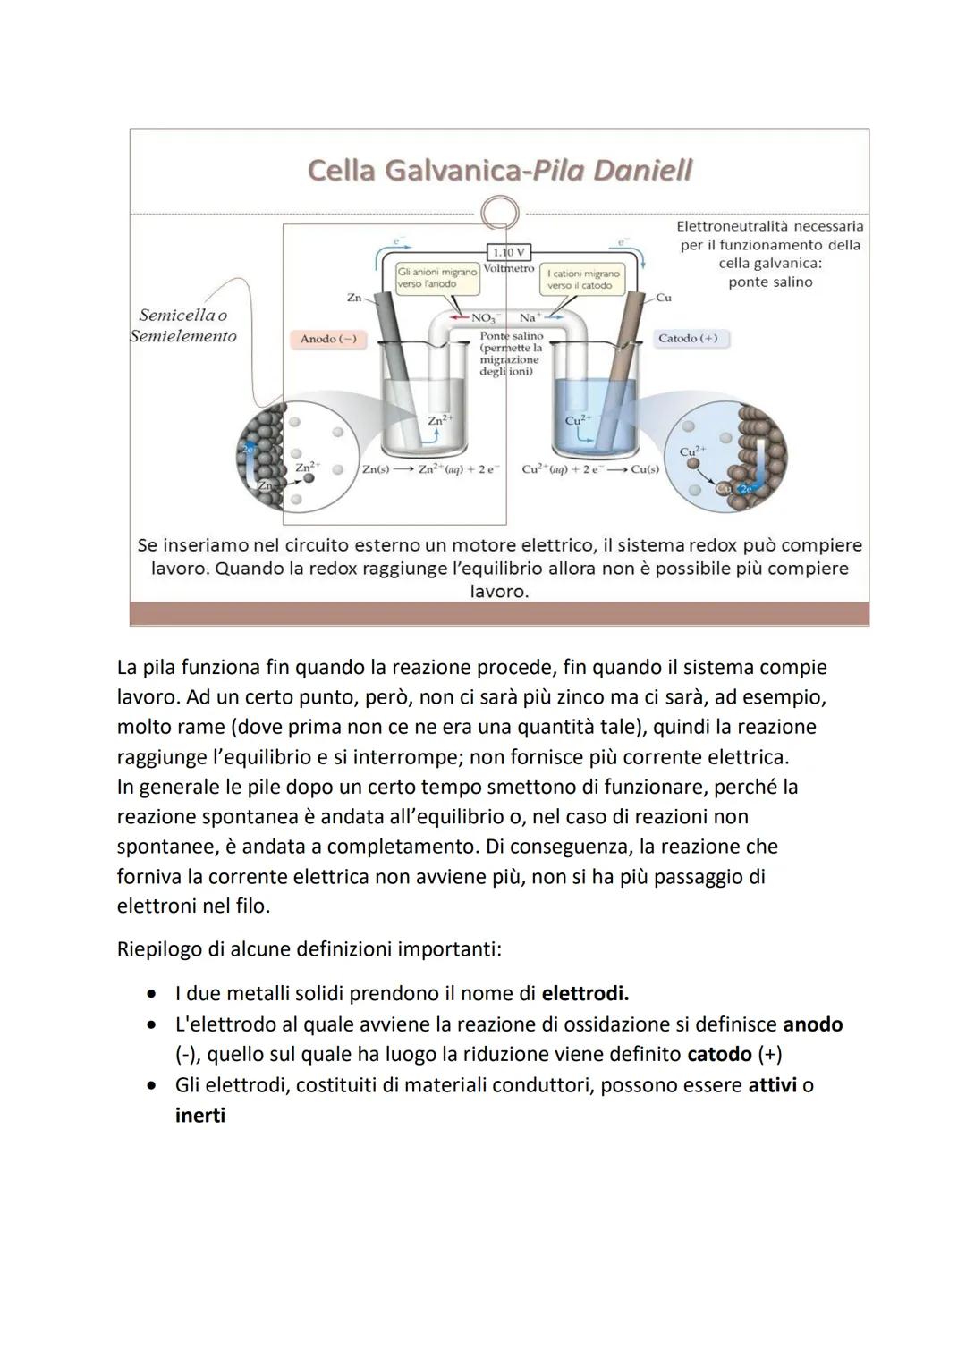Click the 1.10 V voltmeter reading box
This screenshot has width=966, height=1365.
[508, 252]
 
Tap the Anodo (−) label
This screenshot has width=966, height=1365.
[327, 339]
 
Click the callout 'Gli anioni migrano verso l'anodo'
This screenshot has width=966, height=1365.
[437, 278]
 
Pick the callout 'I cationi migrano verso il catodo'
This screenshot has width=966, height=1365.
[582, 279]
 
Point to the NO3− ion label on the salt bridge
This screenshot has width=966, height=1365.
[482, 317]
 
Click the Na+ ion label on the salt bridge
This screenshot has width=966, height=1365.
[528, 317]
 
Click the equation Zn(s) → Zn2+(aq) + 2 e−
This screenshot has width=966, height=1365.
[431, 468]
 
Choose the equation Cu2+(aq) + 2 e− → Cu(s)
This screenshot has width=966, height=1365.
[590, 468]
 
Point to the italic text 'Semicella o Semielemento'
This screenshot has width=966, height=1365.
[183, 325]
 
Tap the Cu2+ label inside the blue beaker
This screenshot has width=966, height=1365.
[579, 419]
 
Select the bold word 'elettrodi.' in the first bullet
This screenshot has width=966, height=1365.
[585, 993]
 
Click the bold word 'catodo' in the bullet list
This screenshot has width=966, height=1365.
[719, 1054]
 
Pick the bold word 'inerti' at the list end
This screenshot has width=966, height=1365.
[200, 1116]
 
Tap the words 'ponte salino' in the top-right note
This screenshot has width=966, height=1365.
[770, 282]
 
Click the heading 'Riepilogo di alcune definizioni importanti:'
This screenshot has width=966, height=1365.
[309, 948]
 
